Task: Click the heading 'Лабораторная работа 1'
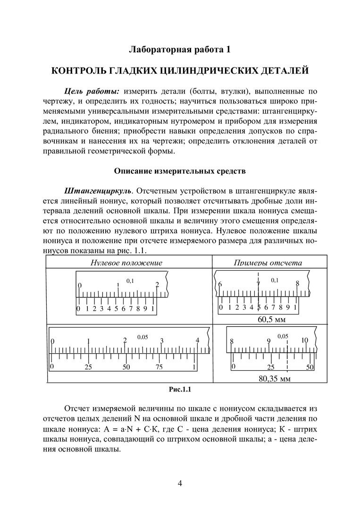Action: (x=179, y=50)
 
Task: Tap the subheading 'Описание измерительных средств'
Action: (x=180, y=171)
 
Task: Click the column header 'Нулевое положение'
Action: (x=129, y=263)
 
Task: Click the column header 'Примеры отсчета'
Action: (x=268, y=263)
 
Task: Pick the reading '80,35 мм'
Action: (x=275, y=378)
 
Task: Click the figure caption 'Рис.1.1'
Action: (x=179, y=390)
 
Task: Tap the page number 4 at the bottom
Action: (x=180, y=483)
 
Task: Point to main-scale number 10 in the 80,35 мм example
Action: (x=304, y=340)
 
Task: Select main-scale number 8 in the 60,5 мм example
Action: (x=298, y=284)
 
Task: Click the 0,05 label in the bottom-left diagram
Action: (x=142, y=337)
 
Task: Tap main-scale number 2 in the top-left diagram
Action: (x=157, y=285)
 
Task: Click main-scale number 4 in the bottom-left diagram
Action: (x=198, y=340)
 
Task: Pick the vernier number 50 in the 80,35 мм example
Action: (x=310, y=367)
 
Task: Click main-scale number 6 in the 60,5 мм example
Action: (x=220, y=284)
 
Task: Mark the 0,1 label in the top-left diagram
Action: (x=130, y=281)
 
